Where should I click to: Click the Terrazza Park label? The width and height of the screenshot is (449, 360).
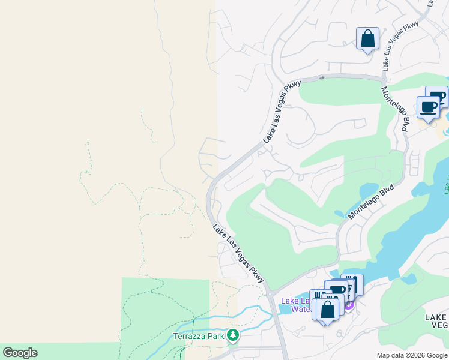tap(199, 336)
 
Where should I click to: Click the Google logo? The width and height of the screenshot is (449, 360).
tap(20, 353)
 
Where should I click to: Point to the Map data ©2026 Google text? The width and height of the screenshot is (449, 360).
tap(412, 355)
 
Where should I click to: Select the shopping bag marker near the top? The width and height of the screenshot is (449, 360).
tap(367, 39)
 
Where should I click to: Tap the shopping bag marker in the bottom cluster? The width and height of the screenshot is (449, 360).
tap(327, 310)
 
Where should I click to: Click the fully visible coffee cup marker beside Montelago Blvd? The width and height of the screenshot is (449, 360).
tap(428, 108)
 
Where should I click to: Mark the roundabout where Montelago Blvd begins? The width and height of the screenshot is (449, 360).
tap(384, 79)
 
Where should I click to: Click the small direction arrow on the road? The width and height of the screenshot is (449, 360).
tap(322, 77)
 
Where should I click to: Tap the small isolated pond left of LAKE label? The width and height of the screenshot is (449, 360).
tap(411, 279)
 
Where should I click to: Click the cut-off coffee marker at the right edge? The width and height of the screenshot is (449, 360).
tap(439, 96)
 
